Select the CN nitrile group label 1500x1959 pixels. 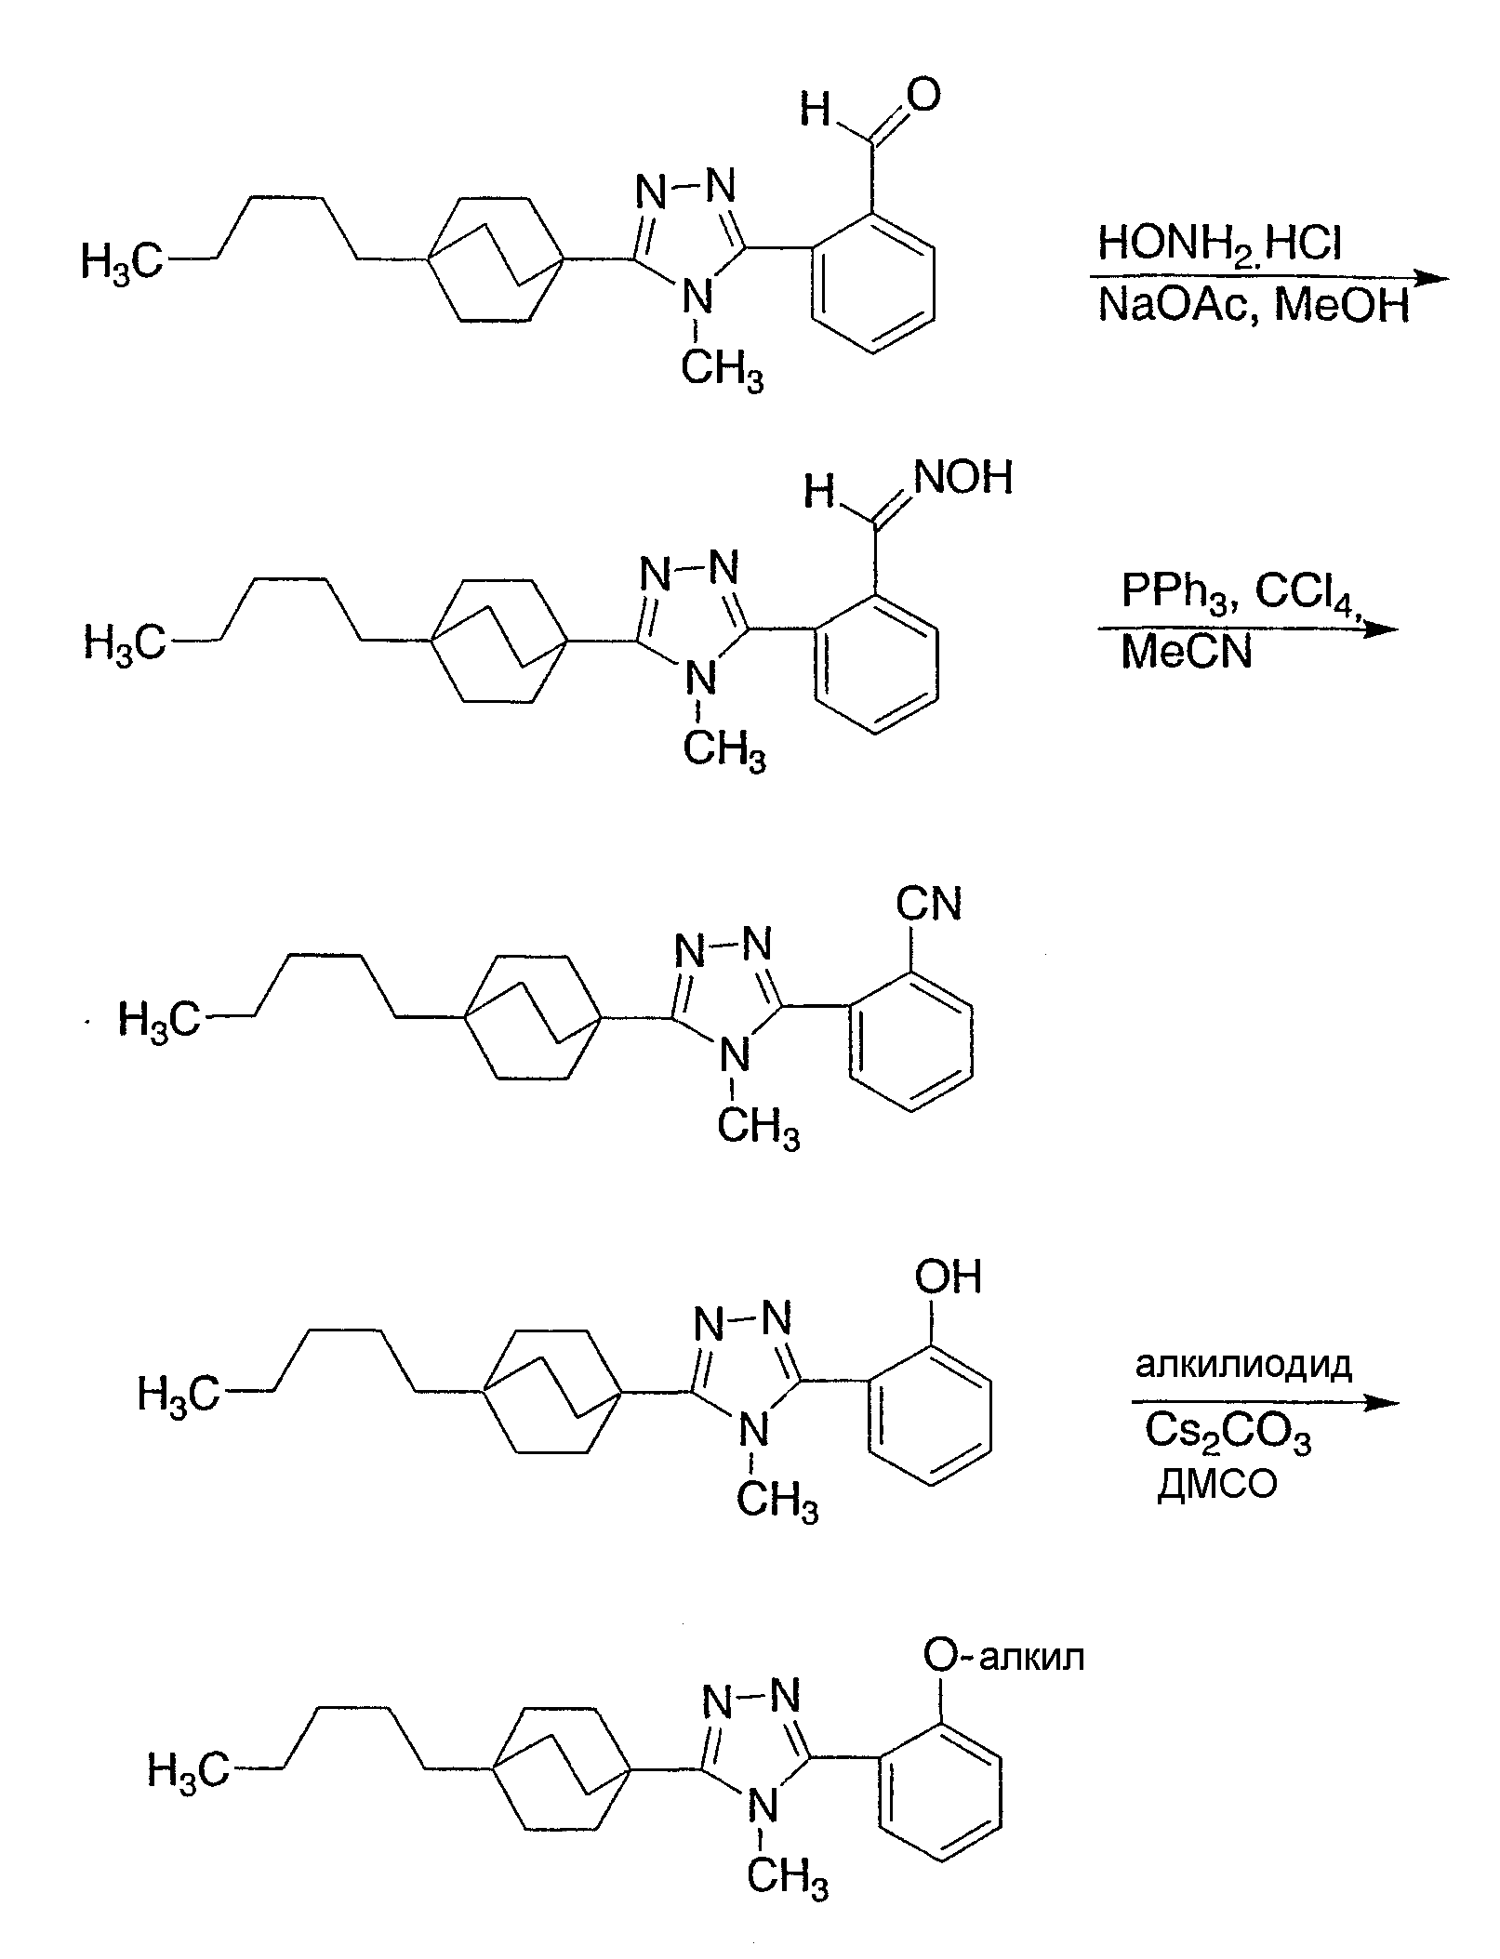click(929, 903)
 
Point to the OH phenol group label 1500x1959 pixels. click(948, 1276)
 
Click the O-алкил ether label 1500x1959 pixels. click(1003, 1656)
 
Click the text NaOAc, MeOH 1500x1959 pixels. click(1254, 304)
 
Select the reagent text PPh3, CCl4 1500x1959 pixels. click(1243, 592)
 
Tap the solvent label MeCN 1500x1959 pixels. click(1187, 651)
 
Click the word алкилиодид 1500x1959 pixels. click(1242, 1365)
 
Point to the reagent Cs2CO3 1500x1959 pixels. click(1228, 1435)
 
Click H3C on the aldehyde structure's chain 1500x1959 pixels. click(122, 261)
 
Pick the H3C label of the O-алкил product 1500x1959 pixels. click(189, 1771)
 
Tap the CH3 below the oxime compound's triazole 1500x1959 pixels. click(724, 749)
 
